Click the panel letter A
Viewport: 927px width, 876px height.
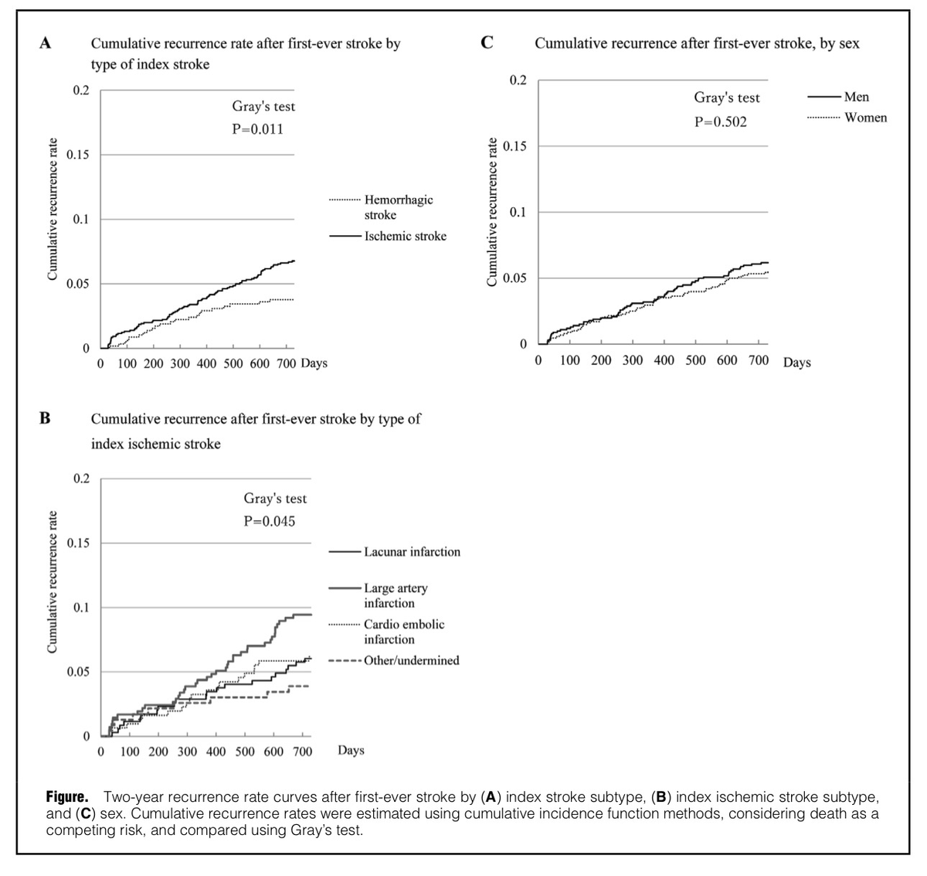click(x=46, y=43)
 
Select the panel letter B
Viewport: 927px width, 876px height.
click(x=46, y=418)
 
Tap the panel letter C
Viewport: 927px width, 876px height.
click(x=487, y=43)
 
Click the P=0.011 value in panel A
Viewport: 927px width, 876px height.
click(x=258, y=129)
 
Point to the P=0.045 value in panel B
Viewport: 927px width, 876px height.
click(x=270, y=521)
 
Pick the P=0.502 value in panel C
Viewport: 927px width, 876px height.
click(x=721, y=122)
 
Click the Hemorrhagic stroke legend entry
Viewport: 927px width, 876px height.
click(x=399, y=207)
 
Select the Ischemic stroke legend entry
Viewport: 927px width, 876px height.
click(x=405, y=237)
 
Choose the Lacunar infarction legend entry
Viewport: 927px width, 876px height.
click(x=412, y=552)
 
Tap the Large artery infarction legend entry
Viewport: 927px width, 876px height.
click(x=396, y=595)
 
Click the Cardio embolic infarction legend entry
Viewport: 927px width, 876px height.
click(x=404, y=632)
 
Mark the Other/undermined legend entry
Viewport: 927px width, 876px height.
click(x=411, y=660)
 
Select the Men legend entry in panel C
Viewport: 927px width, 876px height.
click(x=856, y=97)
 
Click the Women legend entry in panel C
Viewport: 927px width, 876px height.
click(x=865, y=118)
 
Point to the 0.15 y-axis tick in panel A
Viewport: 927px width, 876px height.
click(x=77, y=155)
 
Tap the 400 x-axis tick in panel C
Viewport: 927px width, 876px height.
click(x=664, y=360)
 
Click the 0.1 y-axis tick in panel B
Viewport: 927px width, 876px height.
click(x=80, y=608)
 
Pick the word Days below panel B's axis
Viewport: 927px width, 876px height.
click(x=351, y=750)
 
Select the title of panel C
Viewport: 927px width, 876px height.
click(x=697, y=43)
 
